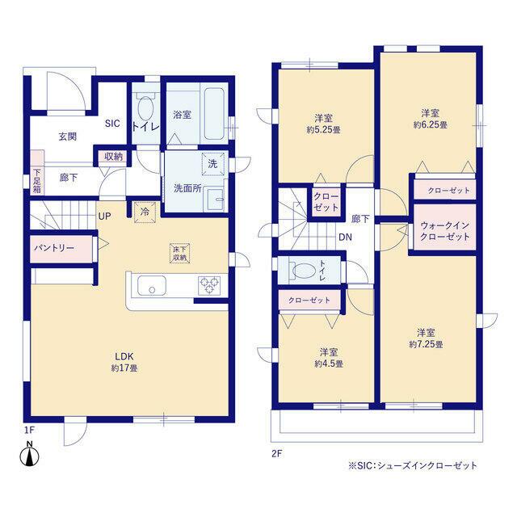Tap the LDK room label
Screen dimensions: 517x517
point(124,356)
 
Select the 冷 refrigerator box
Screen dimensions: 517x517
point(145,212)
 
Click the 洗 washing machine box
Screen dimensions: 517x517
point(212,164)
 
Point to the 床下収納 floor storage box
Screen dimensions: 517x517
point(180,253)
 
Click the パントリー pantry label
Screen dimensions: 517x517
point(54,248)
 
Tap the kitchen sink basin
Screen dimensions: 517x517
point(151,285)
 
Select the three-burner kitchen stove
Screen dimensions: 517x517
point(209,285)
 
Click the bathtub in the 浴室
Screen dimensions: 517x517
point(214,113)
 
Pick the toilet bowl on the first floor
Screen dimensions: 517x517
point(145,106)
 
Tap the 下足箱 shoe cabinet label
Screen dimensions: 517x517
point(36,181)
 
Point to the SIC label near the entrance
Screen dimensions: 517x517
point(112,124)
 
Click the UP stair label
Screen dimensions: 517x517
point(104,216)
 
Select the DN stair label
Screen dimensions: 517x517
point(345,237)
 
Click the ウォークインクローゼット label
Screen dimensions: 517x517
point(444,231)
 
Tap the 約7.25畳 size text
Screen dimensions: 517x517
point(426,345)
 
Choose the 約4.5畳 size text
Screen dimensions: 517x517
point(329,364)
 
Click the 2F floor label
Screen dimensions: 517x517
point(276,454)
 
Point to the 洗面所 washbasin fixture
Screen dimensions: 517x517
point(214,199)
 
